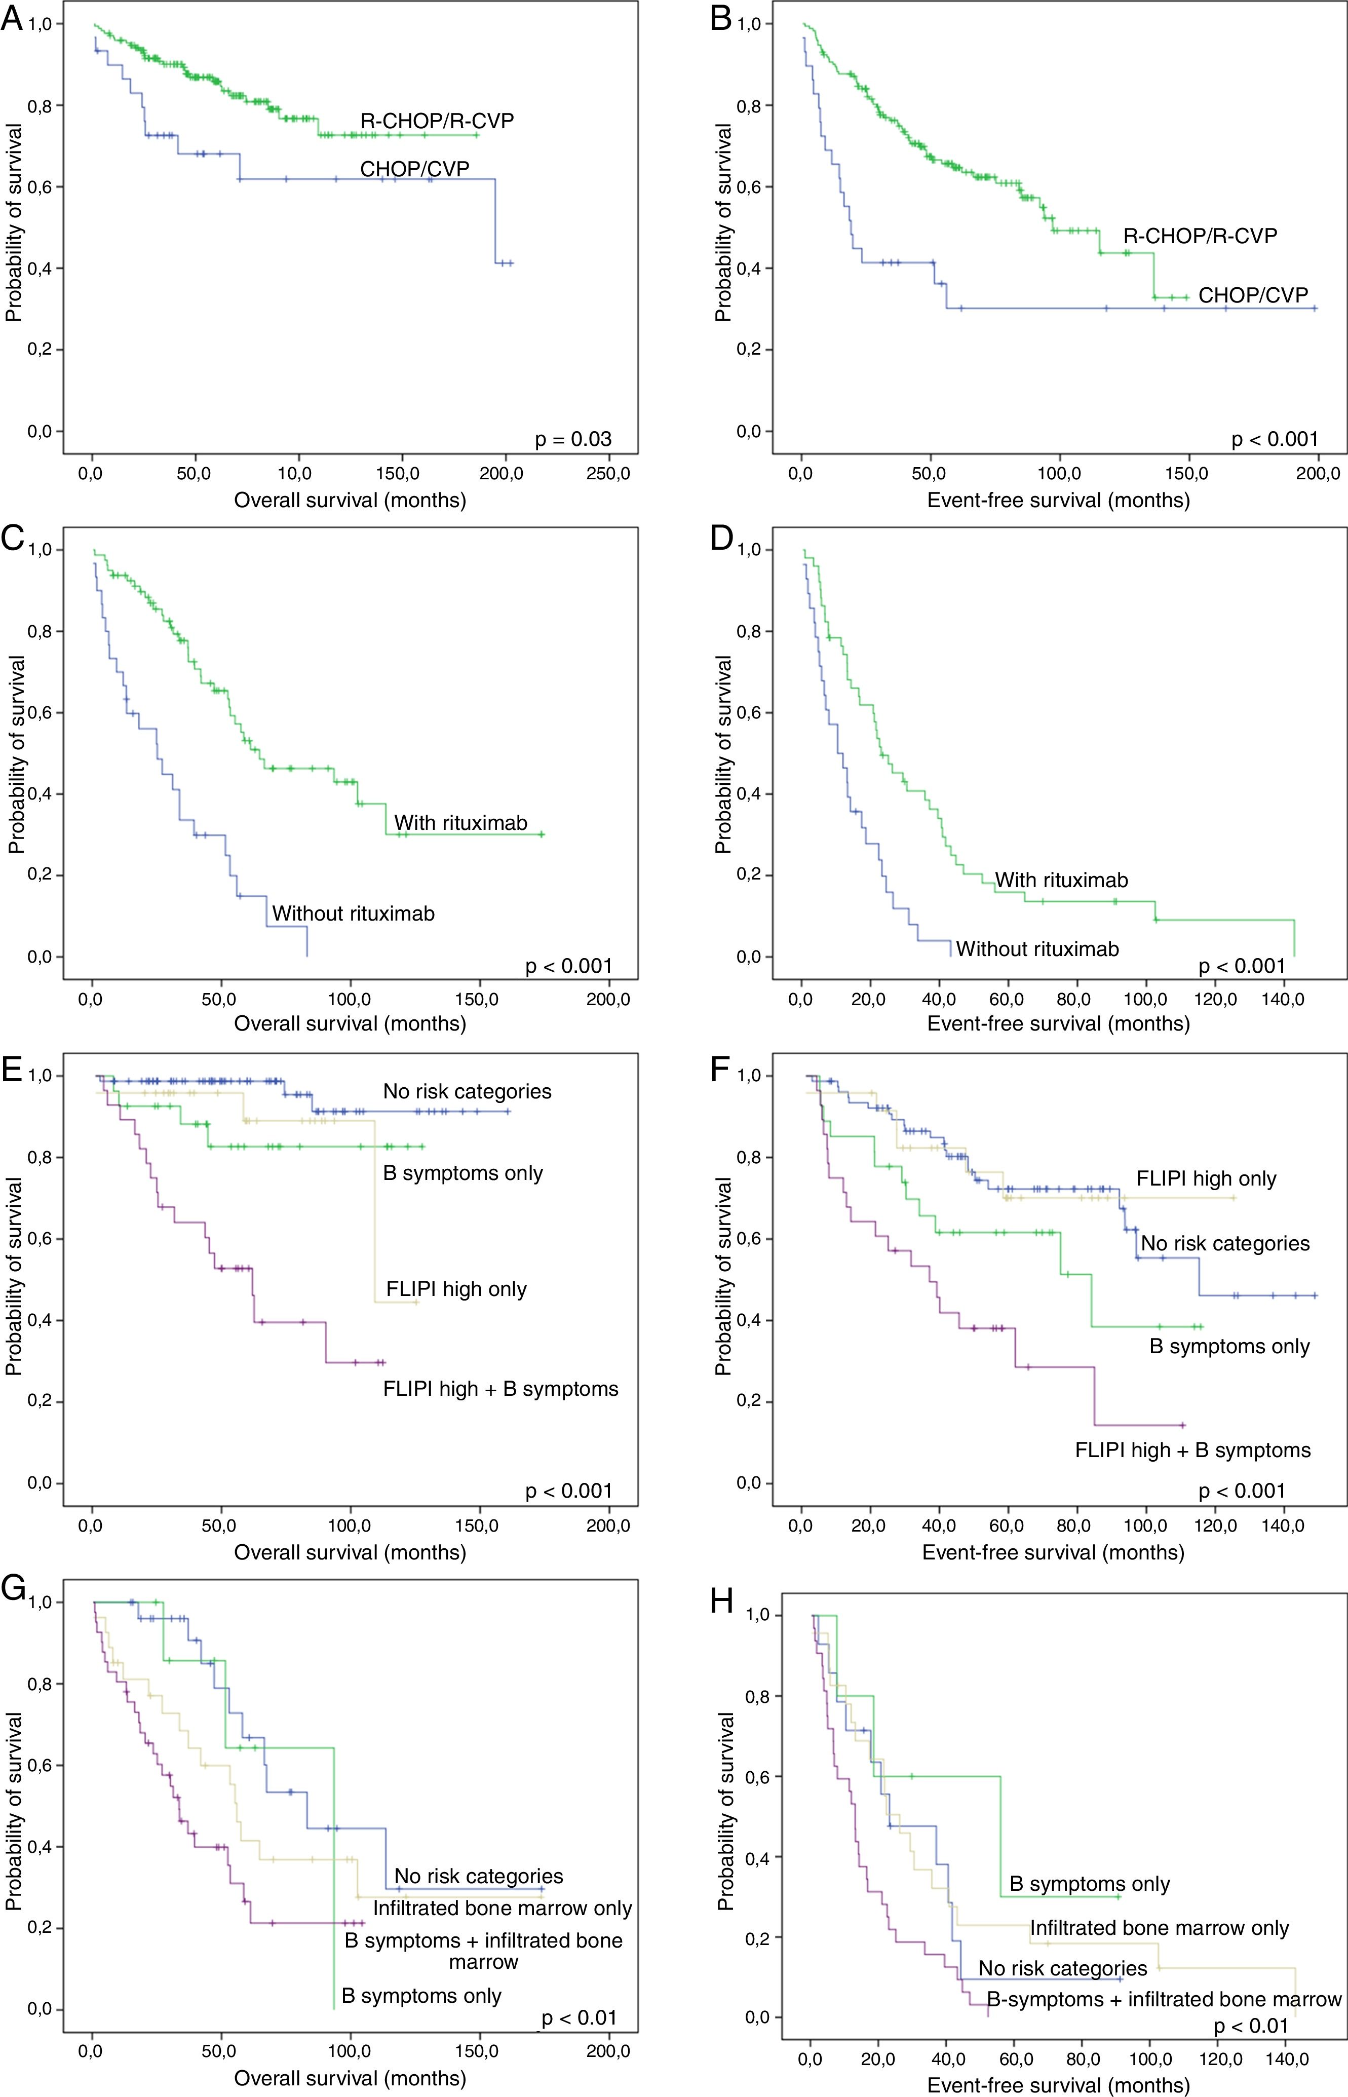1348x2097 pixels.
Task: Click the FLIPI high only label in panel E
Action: [x=456, y=1289]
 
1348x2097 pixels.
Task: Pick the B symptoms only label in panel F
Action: [x=1229, y=1347]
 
